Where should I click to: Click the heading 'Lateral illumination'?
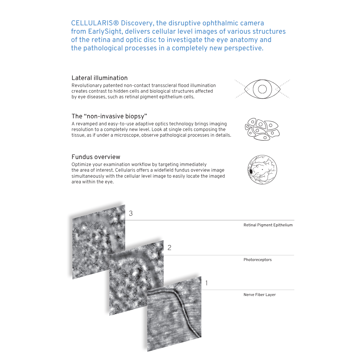point(99,78)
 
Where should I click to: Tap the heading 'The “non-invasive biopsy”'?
point(109,116)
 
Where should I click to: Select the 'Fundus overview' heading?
point(96,157)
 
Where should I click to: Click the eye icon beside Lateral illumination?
point(262,89)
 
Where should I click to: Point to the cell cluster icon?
point(262,129)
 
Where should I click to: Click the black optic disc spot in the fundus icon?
point(251,171)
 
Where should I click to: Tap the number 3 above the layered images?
point(131,213)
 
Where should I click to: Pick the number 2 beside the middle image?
point(169,248)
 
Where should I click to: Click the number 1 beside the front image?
point(207,283)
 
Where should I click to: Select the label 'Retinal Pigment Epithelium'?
point(268,225)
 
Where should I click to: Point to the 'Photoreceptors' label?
point(257,260)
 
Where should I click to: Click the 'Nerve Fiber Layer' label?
point(259,295)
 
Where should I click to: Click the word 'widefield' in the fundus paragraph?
point(161,170)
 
